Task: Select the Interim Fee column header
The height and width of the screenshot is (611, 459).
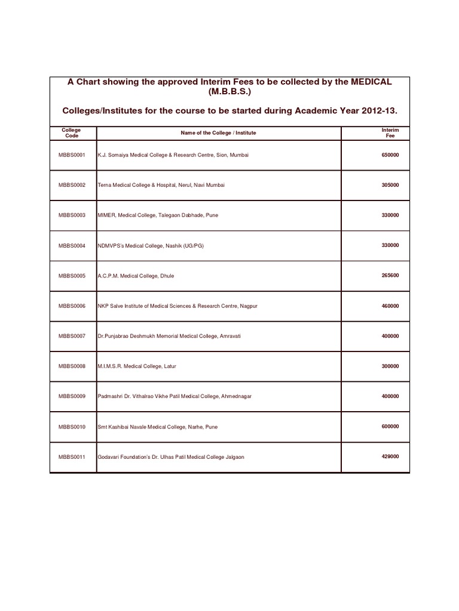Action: (x=390, y=132)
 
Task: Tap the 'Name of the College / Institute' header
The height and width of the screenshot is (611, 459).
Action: (x=218, y=132)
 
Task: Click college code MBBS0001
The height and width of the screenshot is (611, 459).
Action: (x=72, y=155)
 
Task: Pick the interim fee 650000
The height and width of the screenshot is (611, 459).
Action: (x=390, y=155)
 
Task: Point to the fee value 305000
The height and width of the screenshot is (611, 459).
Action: (x=390, y=185)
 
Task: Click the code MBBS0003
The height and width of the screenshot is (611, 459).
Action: (x=72, y=215)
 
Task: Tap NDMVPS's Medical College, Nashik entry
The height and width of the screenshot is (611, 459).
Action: (x=151, y=246)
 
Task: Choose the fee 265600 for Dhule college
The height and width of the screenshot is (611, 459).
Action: (x=390, y=276)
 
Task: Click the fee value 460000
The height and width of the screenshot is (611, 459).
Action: (x=390, y=306)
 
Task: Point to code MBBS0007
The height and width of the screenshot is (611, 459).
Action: (x=72, y=337)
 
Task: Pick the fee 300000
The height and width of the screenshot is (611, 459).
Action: (x=390, y=366)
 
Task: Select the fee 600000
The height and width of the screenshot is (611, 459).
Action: (x=390, y=427)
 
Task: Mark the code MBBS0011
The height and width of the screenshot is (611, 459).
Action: (x=72, y=457)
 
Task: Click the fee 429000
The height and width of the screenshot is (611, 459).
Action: (x=390, y=456)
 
